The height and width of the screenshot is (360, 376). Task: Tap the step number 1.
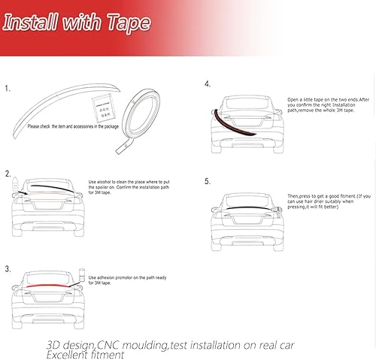pos(8,88)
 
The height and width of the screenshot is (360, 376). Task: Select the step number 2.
pos(8,173)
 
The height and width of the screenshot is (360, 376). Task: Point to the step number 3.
pos(8,268)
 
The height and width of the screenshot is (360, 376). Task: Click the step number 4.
pos(207,84)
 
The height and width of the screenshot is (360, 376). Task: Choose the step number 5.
pos(207,182)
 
